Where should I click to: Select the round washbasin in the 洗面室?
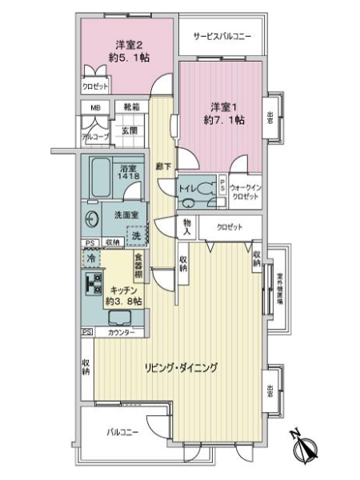[89, 216]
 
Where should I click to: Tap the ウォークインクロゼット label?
[244, 189]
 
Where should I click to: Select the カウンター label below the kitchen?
[122, 332]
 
